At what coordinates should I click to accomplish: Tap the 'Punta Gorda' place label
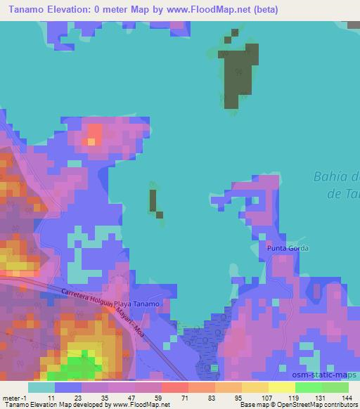[288, 248]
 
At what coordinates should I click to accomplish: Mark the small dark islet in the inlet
[153, 201]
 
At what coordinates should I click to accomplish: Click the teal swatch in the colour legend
[41, 387]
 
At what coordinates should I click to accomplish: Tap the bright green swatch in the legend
[307, 387]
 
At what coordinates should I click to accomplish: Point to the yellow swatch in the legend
[281, 387]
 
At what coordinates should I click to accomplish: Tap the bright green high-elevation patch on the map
[84, 360]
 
